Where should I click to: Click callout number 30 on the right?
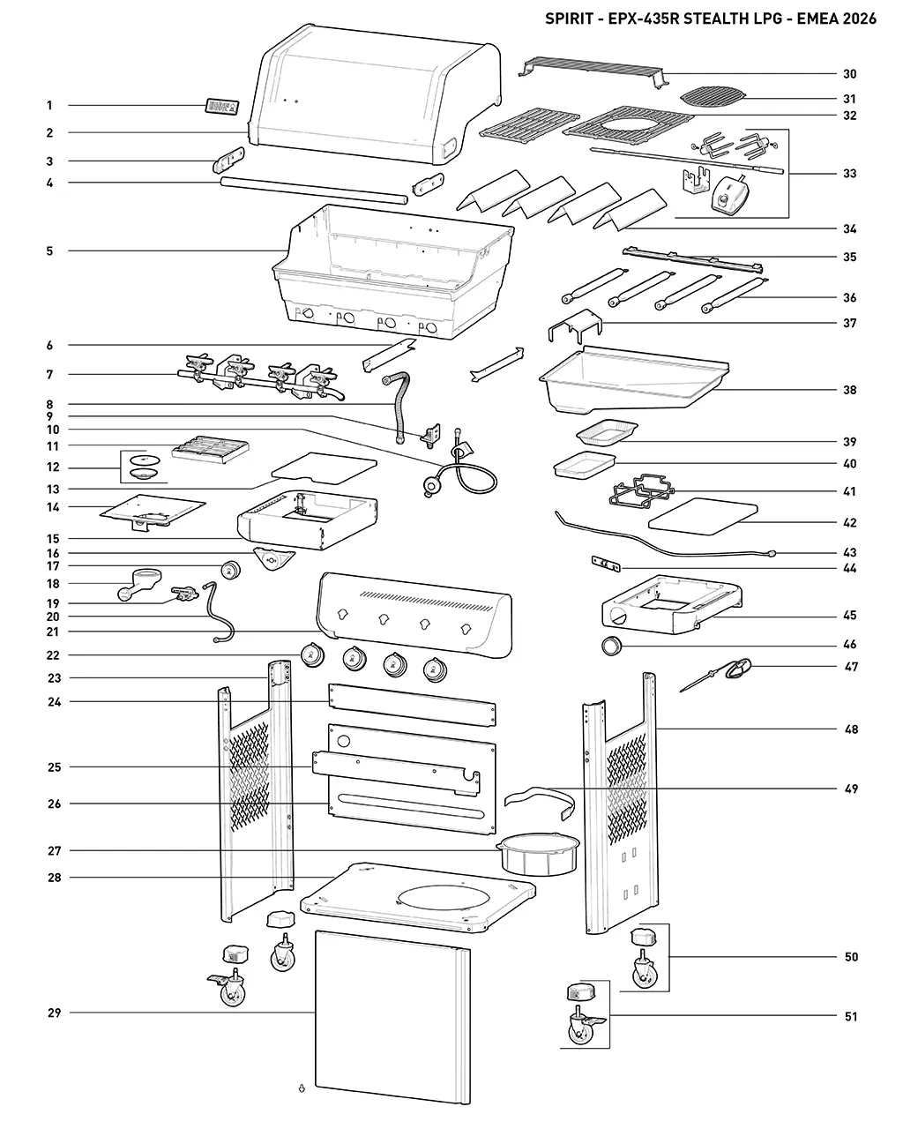(x=849, y=74)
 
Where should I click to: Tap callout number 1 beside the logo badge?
(x=49, y=106)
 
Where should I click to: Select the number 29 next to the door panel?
(x=55, y=1013)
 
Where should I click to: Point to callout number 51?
(x=850, y=1016)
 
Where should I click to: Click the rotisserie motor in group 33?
(x=729, y=194)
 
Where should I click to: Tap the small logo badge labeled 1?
(x=221, y=107)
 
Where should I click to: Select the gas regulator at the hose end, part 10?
(x=434, y=485)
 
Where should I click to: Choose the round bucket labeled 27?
(x=538, y=854)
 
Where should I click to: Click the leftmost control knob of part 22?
(x=312, y=654)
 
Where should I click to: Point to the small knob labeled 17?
(x=230, y=569)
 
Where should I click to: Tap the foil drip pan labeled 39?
(x=607, y=432)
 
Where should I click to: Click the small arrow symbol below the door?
(x=302, y=1088)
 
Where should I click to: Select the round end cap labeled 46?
(x=611, y=646)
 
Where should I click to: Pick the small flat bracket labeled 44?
(x=606, y=564)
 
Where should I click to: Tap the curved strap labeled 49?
(x=541, y=802)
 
